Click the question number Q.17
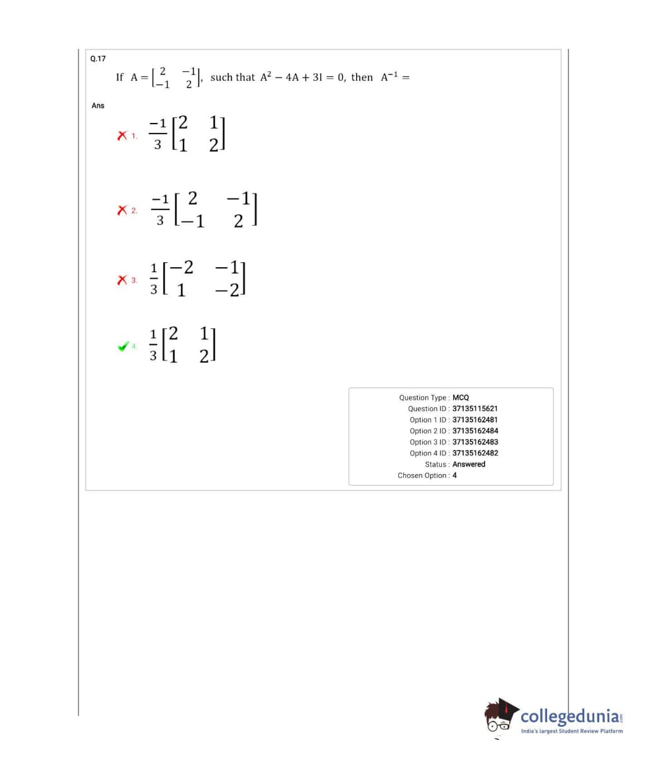[x=98, y=59]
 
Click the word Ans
[x=98, y=105]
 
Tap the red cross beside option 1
[x=122, y=135]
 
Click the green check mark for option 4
[x=124, y=346]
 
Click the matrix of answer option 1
[x=198, y=134]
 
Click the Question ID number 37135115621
[x=475, y=408]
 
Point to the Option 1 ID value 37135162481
[x=475, y=420]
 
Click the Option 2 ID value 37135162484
[x=475, y=431]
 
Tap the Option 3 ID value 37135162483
[x=475, y=442]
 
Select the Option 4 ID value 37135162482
[x=475, y=453]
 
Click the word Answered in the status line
[x=469, y=465]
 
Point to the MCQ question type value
[x=461, y=398]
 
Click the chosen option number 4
[x=454, y=475]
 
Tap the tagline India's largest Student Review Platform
[x=572, y=731]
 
